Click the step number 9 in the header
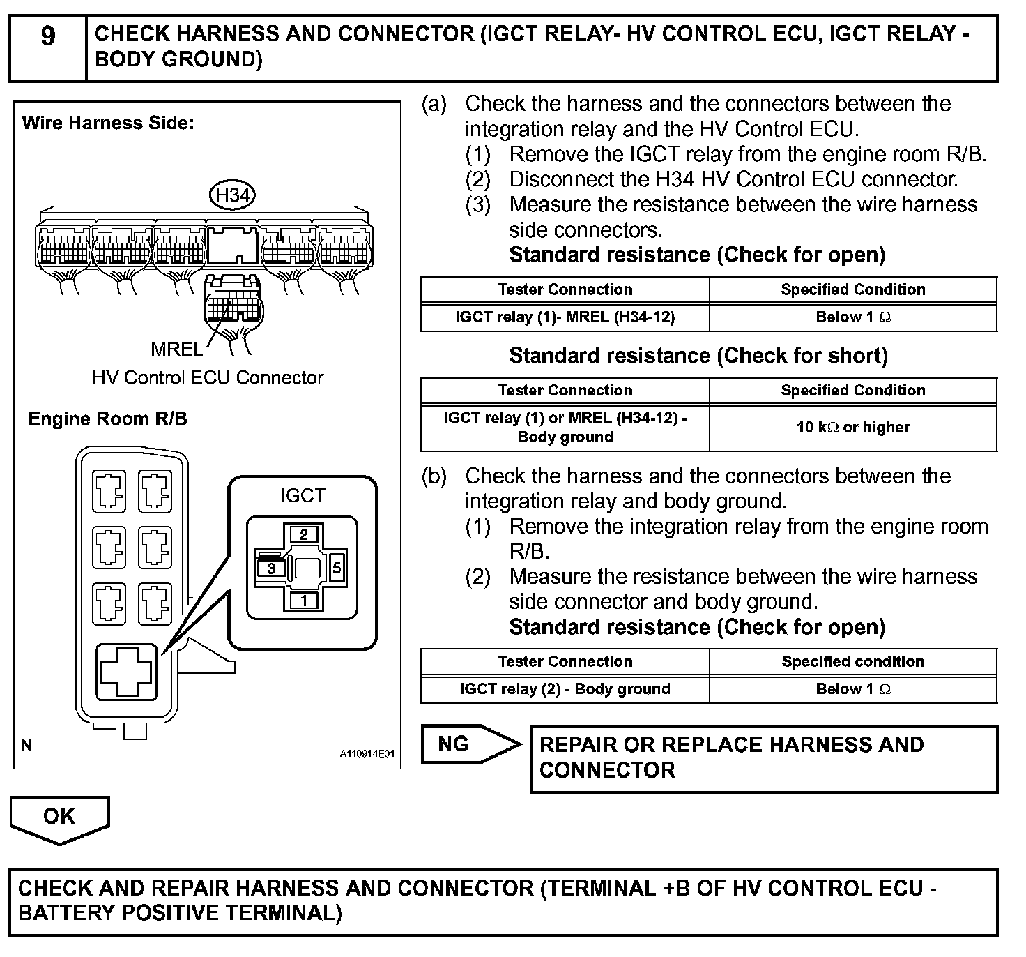pyautogui.click(x=47, y=35)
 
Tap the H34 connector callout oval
pyautogui.click(x=233, y=195)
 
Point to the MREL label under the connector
pyautogui.click(x=176, y=348)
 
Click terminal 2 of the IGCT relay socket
pyautogui.click(x=303, y=535)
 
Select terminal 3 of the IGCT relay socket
pyautogui.click(x=271, y=568)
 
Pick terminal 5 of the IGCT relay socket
pyautogui.click(x=337, y=568)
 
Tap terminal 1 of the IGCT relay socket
pyautogui.click(x=303, y=600)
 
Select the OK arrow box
pyautogui.click(x=59, y=817)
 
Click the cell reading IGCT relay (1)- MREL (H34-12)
pyautogui.click(x=565, y=317)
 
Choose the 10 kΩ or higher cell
pyautogui.click(x=852, y=427)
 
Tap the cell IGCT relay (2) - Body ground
pyautogui.click(x=565, y=689)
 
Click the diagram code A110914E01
pyautogui.click(x=367, y=754)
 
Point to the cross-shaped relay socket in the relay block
pyautogui.click(x=126, y=670)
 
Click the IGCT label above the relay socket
pyautogui.click(x=303, y=495)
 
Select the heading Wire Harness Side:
pyautogui.click(x=108, y=123)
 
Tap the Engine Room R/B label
pyautogui.click(x=107, y=419)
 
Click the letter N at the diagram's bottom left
pyautogui.click(x=27, y=745)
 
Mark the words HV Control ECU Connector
pyautogui.click(x=208, y=377)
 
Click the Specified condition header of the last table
pyautogui.click(x=852, y=661)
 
